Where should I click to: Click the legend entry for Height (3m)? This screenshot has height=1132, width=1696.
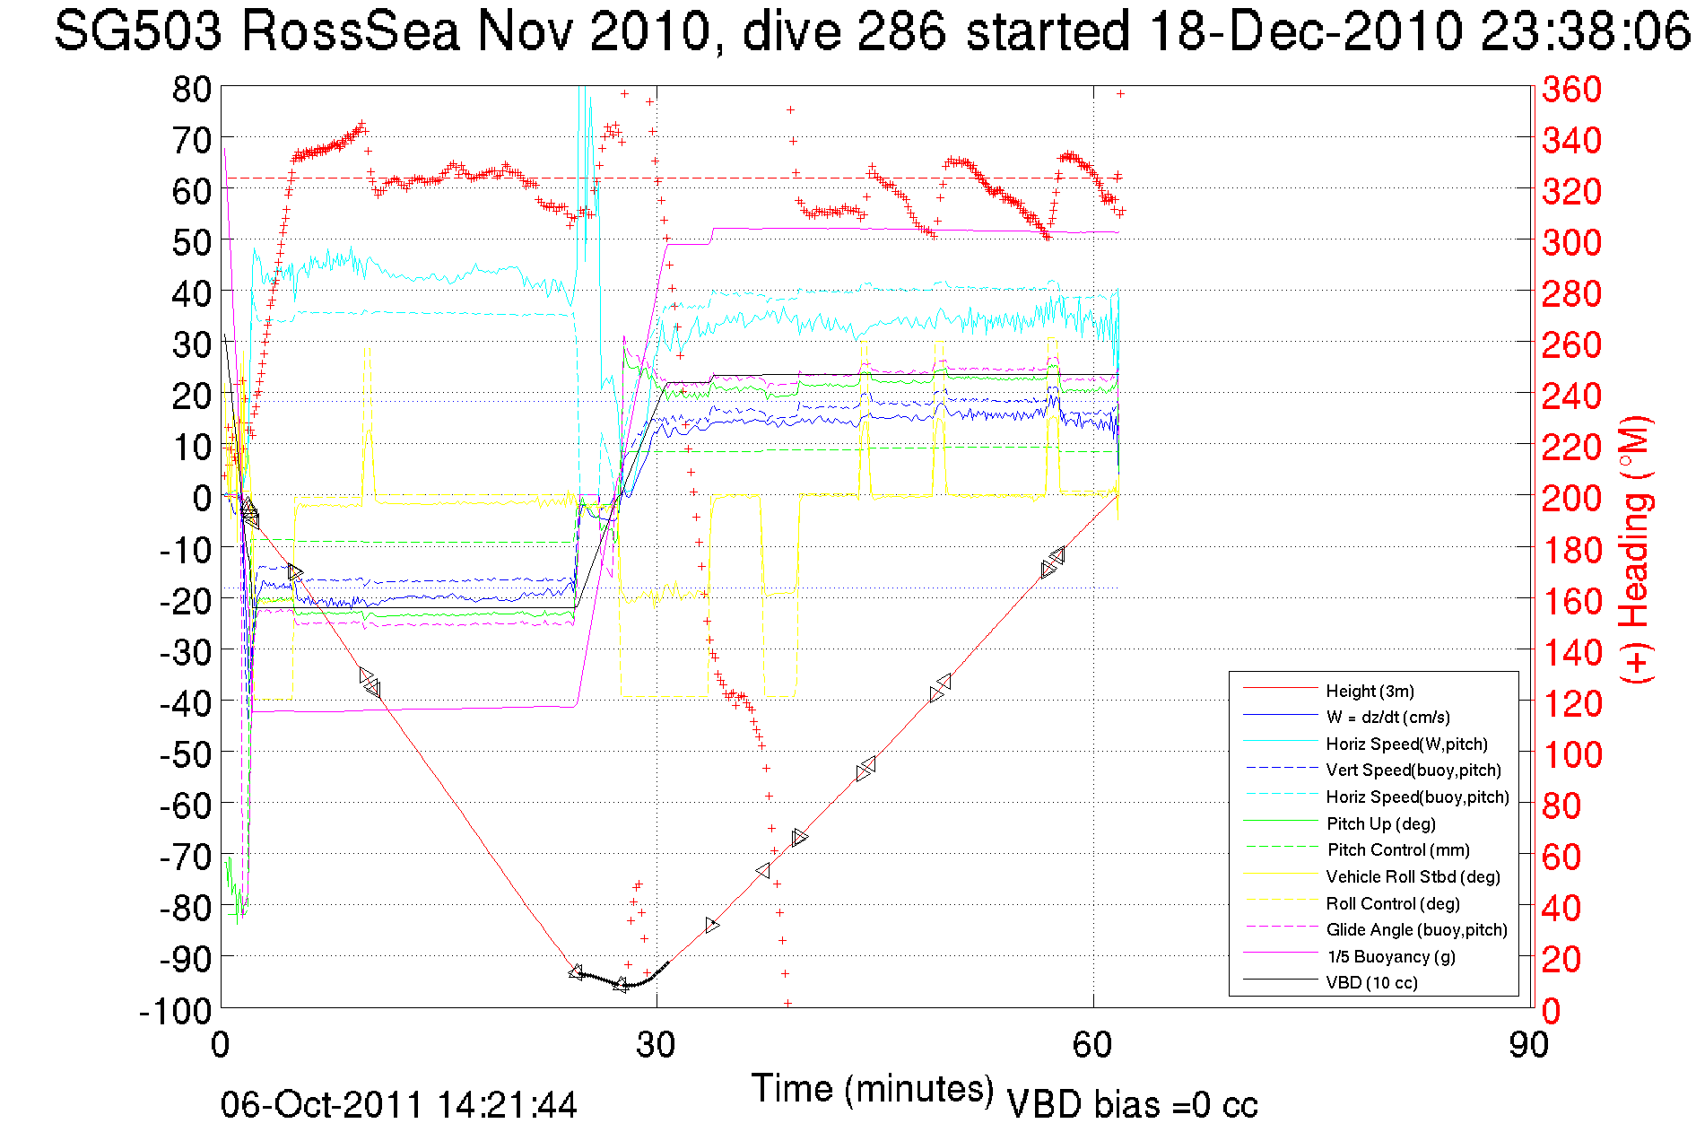(1370, 691)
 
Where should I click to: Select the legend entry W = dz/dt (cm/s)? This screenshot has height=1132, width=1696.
(1387, 717)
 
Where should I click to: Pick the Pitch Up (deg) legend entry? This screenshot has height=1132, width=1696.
(1380, 823)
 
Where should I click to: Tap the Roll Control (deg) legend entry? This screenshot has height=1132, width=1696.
(1393, 903)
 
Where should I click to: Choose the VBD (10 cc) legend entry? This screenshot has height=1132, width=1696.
(1371, 982)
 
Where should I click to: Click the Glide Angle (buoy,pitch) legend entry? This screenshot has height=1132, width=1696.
(1416, 929)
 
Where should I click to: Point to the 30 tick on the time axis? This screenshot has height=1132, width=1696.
(656, 1045)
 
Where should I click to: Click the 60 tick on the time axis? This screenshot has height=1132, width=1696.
(1092, 1045)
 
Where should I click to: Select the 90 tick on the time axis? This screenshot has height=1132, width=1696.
(1527, 1045)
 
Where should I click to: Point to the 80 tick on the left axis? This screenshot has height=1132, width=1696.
(191, 89)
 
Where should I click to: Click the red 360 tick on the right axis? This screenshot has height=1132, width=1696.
(1571, 89)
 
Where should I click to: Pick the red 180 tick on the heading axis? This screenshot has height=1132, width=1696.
(1571, 550)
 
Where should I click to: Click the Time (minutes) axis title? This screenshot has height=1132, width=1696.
(872, 1089)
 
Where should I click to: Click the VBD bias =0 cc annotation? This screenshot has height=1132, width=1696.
(1132, 1104)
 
